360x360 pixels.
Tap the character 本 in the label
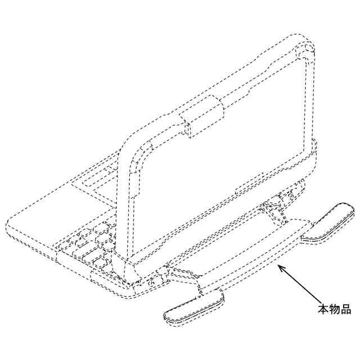(x=323, y=309)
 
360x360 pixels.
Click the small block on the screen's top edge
(x=202, y=116)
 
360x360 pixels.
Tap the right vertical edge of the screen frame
(x=310, y=101)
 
